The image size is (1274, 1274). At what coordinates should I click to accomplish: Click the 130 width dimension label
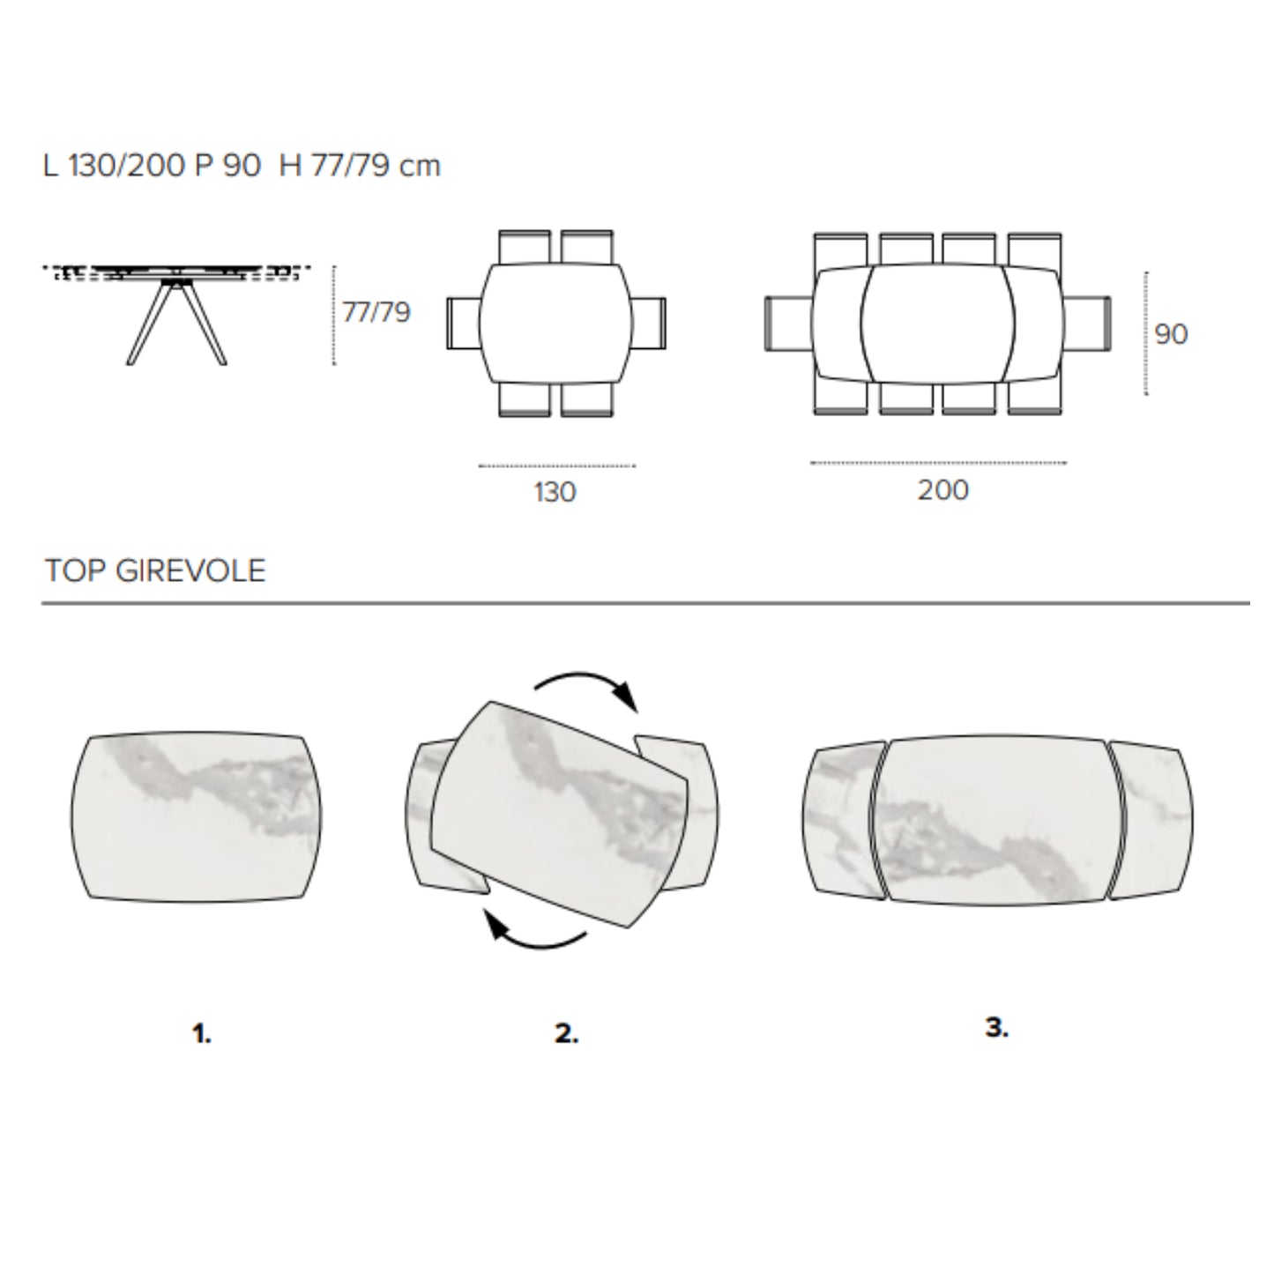(555, 491)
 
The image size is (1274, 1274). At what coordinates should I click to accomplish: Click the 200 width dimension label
(942, 489)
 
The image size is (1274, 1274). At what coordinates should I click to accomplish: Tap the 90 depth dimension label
(1171, 334)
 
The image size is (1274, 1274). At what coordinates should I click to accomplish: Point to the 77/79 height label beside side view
(376, 312)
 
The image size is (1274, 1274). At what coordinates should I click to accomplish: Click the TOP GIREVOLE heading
(155, 570)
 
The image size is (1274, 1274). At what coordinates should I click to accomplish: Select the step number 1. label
(202, 1033)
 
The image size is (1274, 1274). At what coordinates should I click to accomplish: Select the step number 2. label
(566, 1033)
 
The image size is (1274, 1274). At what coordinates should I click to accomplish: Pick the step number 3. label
(996, 1027)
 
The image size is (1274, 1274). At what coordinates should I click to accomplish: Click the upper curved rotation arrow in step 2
(587, 687)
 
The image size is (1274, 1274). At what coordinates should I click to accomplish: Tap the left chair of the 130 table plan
(462, 323)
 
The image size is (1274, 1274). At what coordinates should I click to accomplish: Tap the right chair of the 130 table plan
(649, 323)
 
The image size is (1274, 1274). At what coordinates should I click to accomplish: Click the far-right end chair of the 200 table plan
(1088, 323)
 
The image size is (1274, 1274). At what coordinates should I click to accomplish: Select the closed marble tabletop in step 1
(197, 816)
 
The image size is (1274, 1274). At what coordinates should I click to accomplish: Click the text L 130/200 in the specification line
(115, 166)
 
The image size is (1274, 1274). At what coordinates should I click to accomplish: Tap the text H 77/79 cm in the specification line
(360, 166)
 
